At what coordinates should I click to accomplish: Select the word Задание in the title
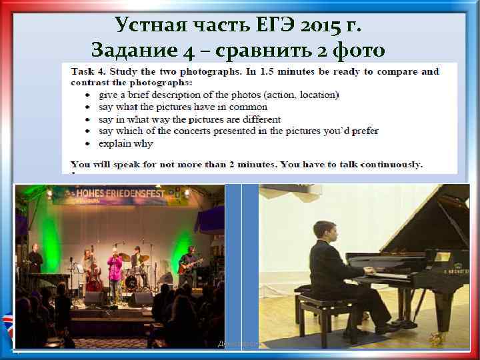pyautogui.click(x=132, y=50)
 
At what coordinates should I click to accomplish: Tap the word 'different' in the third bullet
pyautogui.click(x=262, y=119)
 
